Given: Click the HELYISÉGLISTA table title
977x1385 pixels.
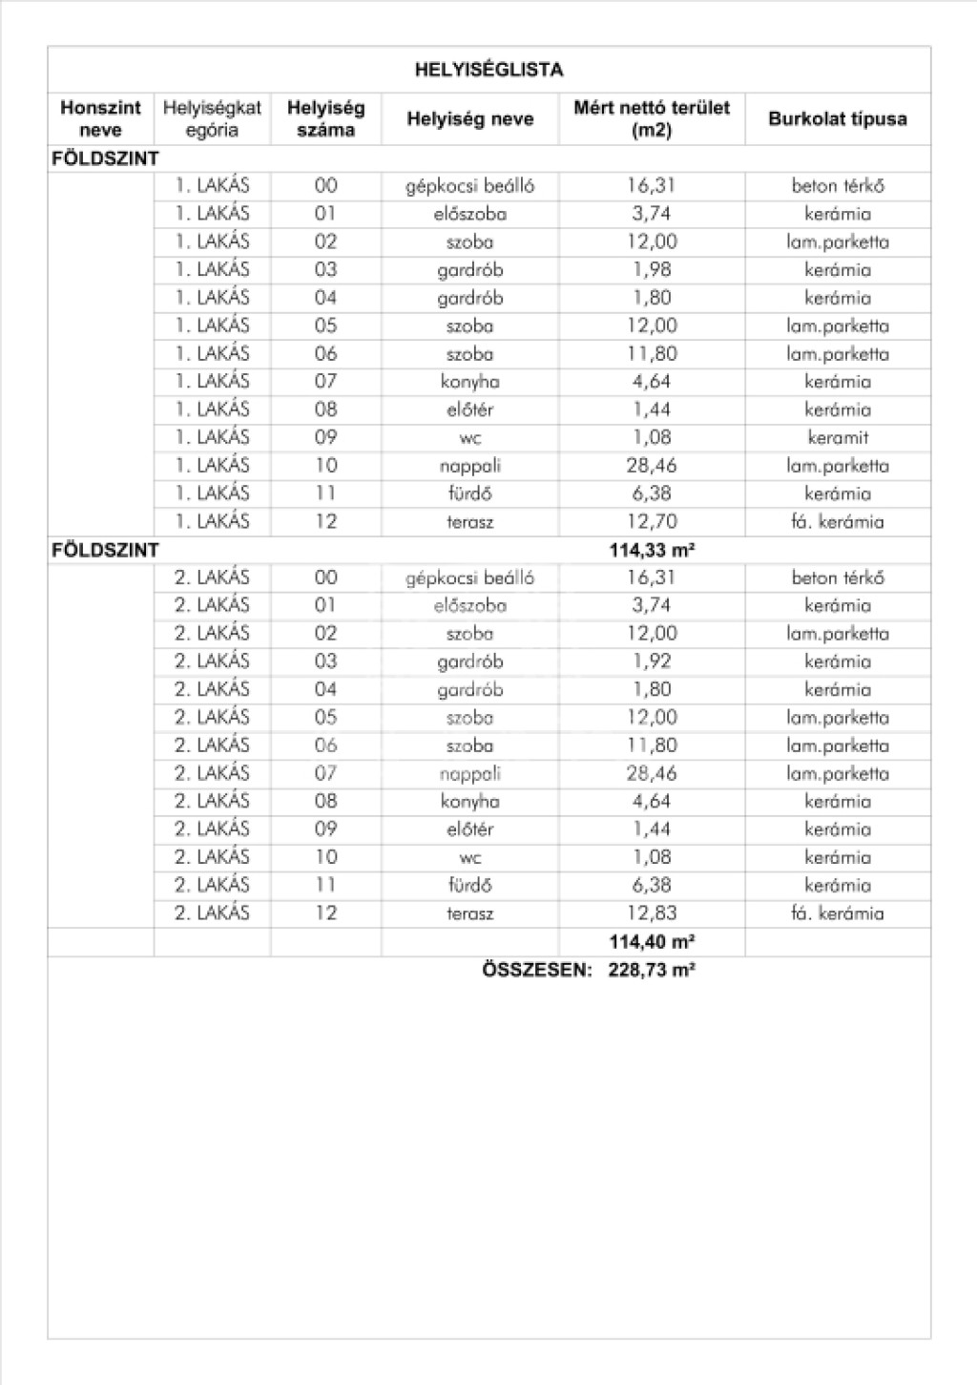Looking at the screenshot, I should [488, 70].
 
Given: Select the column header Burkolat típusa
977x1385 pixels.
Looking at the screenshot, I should [837, 119].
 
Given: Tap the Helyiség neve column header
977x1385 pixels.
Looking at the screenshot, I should [469, 119].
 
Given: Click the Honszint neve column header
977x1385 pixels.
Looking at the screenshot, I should [100, 119].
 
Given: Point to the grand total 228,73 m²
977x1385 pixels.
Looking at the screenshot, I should [652, 970].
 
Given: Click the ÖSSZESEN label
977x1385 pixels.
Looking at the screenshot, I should [536, 970].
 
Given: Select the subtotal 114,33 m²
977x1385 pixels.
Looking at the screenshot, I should [652, 550].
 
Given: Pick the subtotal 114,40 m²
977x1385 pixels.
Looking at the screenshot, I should [652, 942].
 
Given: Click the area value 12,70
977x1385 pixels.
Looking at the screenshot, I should [652, 521].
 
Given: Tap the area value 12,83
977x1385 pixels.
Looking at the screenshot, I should [652, 913].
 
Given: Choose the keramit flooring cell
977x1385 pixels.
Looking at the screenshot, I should [837, 438].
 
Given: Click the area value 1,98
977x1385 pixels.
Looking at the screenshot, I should [652, 270].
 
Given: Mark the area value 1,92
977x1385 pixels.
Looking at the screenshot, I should [652, 661].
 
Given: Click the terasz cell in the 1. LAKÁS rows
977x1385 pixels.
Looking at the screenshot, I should [469, 522].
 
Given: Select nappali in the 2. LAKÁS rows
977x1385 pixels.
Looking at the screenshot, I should [469, 774].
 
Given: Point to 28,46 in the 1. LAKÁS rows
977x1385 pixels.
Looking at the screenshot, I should [652, 466].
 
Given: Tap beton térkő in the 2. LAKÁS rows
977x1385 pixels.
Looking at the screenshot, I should [837, 577].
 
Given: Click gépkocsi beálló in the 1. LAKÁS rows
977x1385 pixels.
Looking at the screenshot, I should [469, 186].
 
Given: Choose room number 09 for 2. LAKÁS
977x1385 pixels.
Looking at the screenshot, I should [325, 829].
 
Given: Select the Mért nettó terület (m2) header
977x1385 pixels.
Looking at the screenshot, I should [652, 119].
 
